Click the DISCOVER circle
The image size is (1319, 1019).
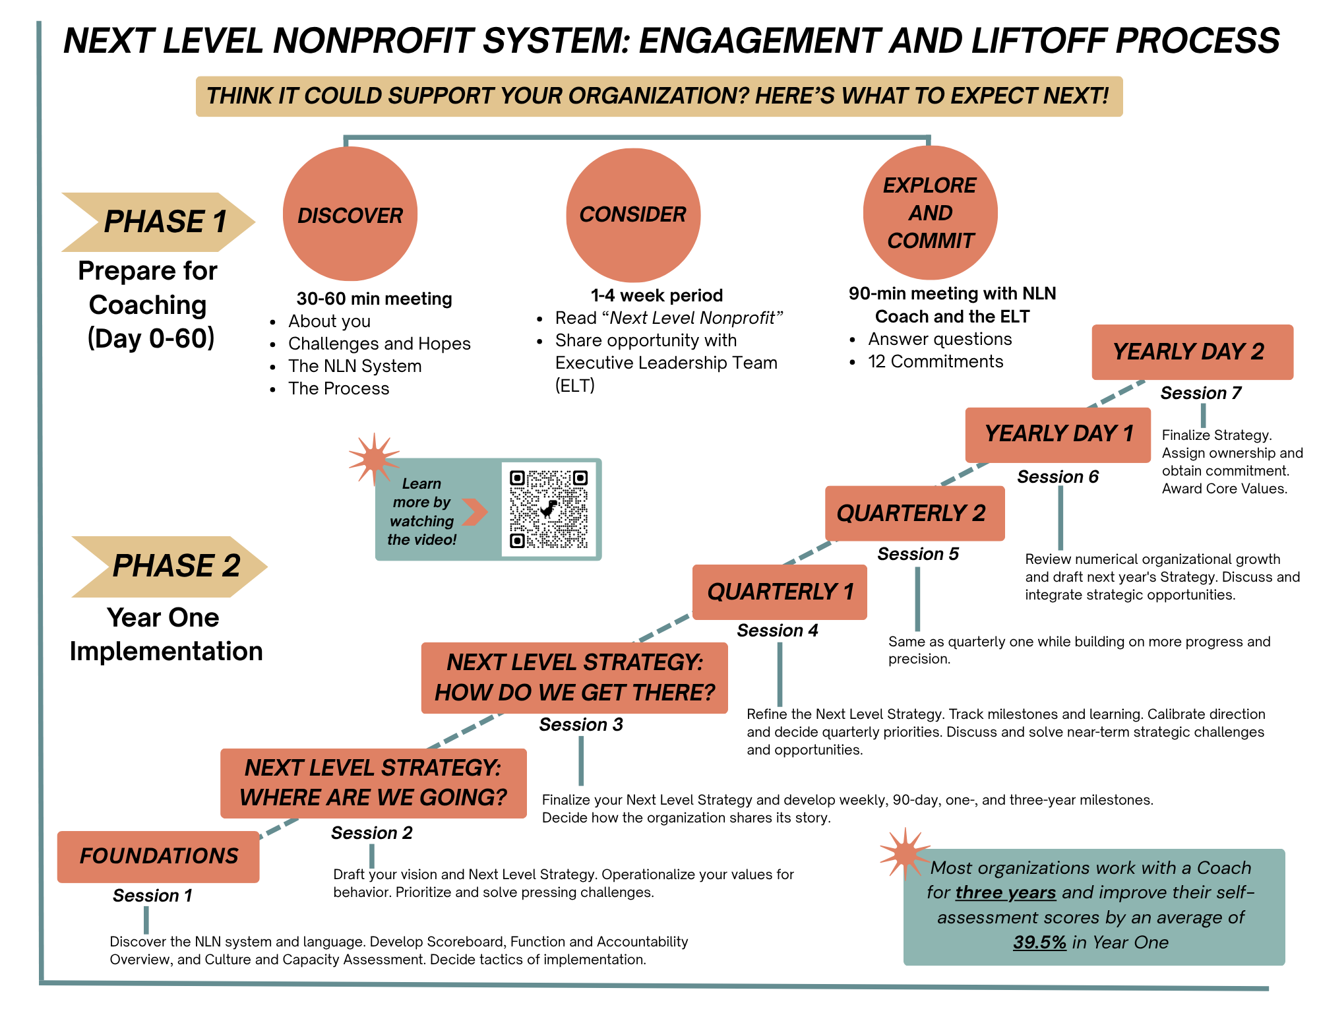(350, 214)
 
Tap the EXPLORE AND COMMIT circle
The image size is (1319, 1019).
(930, 213)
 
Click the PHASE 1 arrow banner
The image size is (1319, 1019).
(158, 222)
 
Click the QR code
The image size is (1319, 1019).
(548, 509)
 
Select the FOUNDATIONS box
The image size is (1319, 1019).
(158, 856)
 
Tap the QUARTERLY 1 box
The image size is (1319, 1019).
(780, 592)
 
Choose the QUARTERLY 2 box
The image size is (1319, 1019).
(914, 513)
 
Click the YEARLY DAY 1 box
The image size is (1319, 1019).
(1058, 434)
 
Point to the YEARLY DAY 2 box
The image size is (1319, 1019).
(1192, 352)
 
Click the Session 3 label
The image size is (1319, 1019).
(580, 725)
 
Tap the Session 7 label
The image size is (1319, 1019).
(1200, 393)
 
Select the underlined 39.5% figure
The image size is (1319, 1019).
(1039, 942)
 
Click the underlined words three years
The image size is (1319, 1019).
(1006, 892)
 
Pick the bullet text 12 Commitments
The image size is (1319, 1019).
(935, 361)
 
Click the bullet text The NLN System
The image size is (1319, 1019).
(355, 366)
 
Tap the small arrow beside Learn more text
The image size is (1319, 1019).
(474, 512)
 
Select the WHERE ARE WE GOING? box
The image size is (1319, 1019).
(373, 783)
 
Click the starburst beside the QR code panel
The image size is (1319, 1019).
(373, 457)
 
